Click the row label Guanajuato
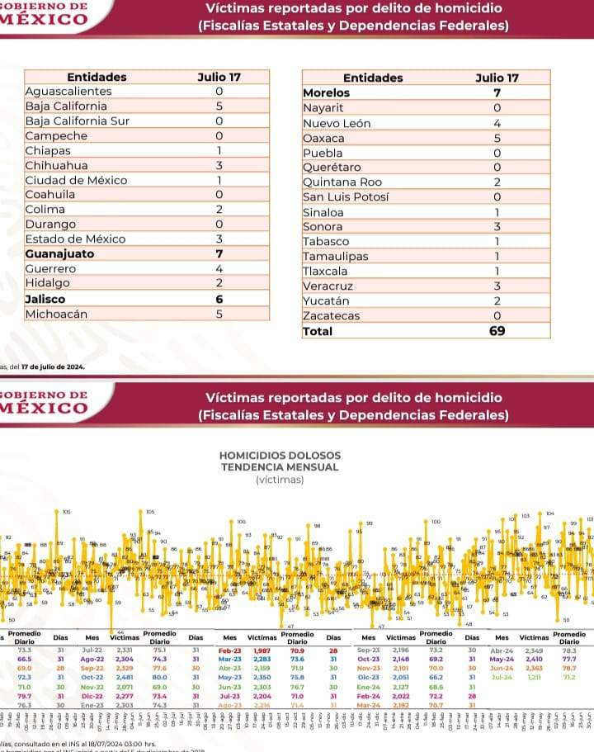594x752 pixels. [59, 254]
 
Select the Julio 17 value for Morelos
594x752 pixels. [497, 92]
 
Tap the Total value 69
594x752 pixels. [497, 331]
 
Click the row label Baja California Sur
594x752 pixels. [78, 121]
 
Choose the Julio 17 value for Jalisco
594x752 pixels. [219, 299]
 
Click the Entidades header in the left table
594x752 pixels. [97, 77]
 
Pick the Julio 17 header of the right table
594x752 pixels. [497, 78]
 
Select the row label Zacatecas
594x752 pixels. [331, 316]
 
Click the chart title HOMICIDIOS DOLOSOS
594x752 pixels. [279, 456]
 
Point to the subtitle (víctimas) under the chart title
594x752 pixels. [279, 479]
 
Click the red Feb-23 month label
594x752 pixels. [229, 651]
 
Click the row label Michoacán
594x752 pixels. [56, 314]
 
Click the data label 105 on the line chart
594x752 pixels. [150, 512]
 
